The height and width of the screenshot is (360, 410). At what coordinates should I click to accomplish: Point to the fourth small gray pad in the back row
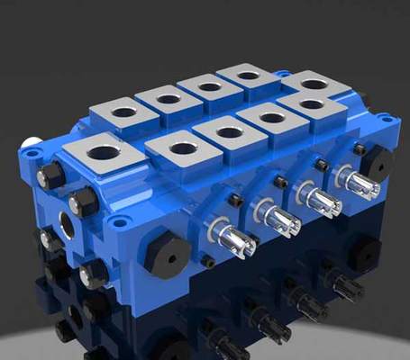click(x=249, y=76)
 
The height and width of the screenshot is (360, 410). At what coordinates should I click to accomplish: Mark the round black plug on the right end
click(x=378, y=163)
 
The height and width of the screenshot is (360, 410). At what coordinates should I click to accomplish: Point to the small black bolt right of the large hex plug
click(x=207, y=261)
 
